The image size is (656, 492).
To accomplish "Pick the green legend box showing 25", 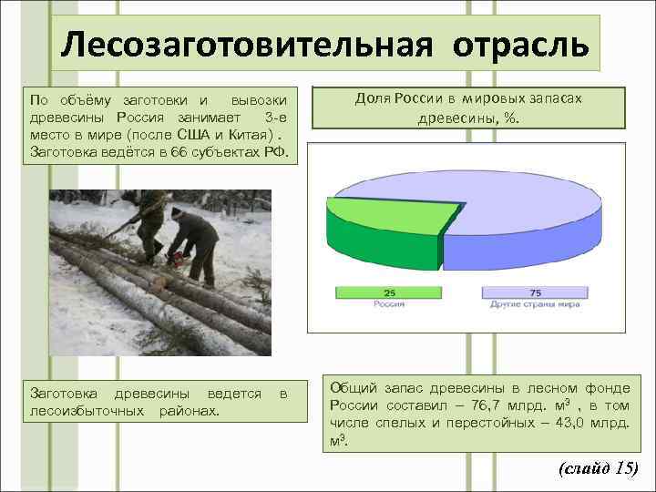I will click(389, 292).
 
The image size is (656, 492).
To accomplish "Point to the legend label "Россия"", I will click(389, 303).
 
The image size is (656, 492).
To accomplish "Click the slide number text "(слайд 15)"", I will click(597, 468).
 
